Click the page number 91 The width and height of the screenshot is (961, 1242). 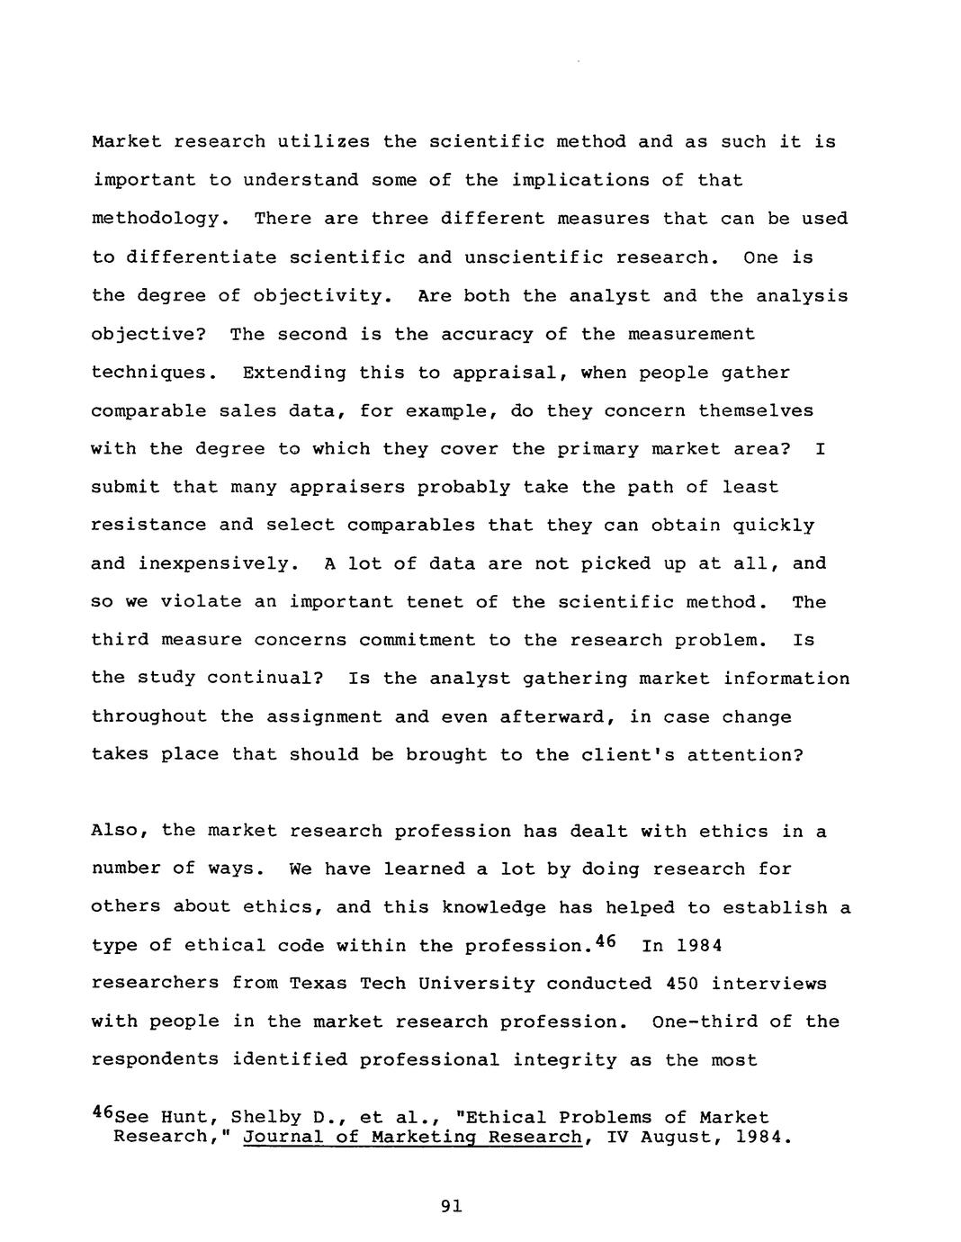click(x=452, y=1207)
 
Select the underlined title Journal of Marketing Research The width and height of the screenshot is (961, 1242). click(x=412, y=1137)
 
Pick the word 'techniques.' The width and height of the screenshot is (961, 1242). click(x=155, y=373)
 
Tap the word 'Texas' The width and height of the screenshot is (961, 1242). click(x=318, y=984)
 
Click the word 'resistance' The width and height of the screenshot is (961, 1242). click(x=148, y=526)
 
